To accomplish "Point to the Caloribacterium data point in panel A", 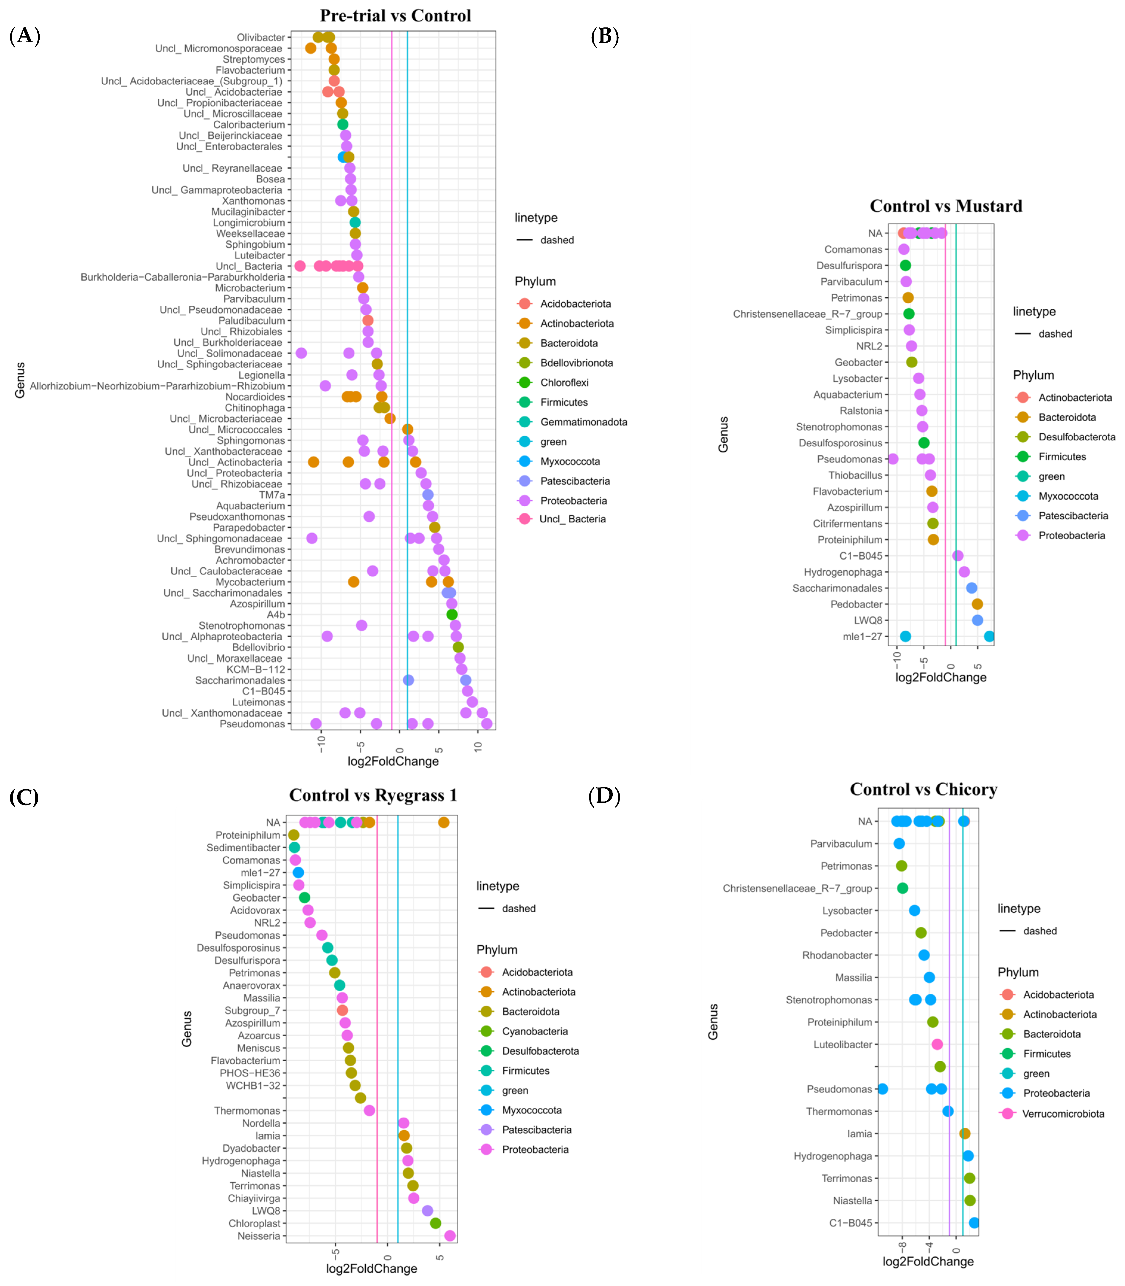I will (343, 124).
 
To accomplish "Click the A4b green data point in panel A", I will (452, 614).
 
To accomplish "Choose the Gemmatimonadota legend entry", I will (583, 422).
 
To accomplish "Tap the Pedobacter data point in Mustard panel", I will (977, 604).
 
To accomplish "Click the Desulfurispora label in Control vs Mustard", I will (849, 265).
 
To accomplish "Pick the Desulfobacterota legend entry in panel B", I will (1076, 437).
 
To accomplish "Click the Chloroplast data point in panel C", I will (436, 1223).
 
